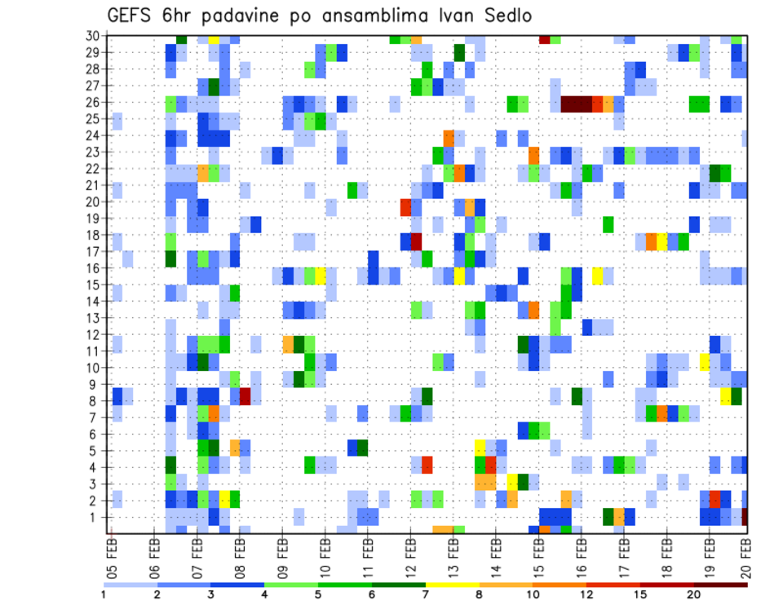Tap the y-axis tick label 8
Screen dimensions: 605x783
pos(95,401)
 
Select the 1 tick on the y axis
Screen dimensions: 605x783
pos(95,517)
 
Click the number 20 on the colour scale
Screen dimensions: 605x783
pos(694,594)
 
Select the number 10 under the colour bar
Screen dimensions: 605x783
pos(533,594)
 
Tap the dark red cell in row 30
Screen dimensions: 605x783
pos(544,39)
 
